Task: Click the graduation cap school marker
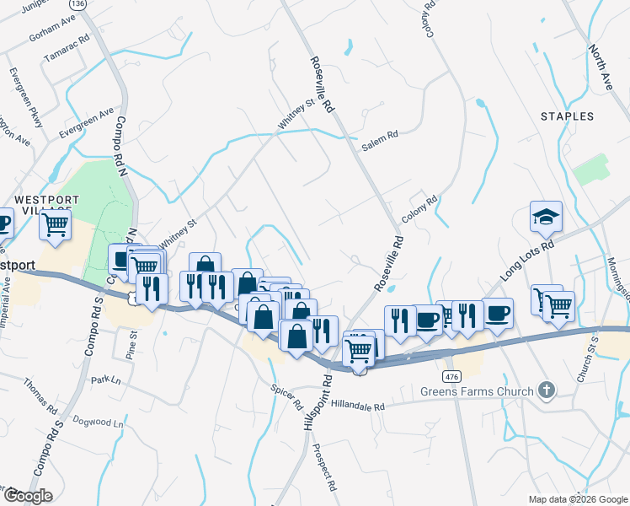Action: (546, 217)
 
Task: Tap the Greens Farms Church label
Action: (478, 391)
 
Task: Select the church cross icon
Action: (547, 390)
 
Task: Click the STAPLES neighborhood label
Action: (567, 116)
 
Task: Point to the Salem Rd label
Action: (379, 146)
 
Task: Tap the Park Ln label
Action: (106, 380)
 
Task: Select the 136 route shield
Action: (78, 4)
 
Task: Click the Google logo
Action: (28, 496)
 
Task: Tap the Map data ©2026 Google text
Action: (578, 499)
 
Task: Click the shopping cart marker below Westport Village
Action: (56, 224)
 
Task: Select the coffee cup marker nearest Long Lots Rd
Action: (498, 311)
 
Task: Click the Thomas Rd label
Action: (40, 394)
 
